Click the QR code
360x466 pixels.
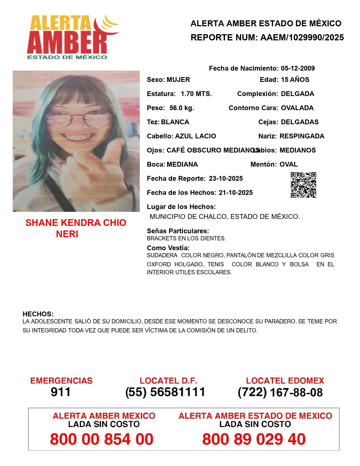tap(304, 185)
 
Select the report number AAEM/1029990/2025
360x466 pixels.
tap(302, 38)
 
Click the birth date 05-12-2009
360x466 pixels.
tap(298, 68)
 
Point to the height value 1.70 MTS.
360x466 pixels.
tap(196, 94)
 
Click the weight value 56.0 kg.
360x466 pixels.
tap(182, 108)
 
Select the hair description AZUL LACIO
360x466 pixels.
tap(195, 136)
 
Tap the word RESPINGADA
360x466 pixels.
tap(302, 136)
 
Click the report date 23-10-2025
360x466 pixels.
tap(226, 178)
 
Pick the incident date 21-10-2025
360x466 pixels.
tap(235, 193)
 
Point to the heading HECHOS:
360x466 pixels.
tap(38, 314)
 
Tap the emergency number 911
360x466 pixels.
tap(61, 392)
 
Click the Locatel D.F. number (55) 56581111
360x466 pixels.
tap(165, 392)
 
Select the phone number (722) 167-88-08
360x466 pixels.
tap(280, 392)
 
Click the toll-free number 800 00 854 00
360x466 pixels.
tap(102, 439)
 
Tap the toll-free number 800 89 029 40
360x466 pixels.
tap(254, 439)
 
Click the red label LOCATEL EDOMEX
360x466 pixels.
tap(285, 381)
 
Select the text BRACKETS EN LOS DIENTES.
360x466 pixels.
tap(186, 238)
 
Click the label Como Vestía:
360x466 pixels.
tap(168, 248)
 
